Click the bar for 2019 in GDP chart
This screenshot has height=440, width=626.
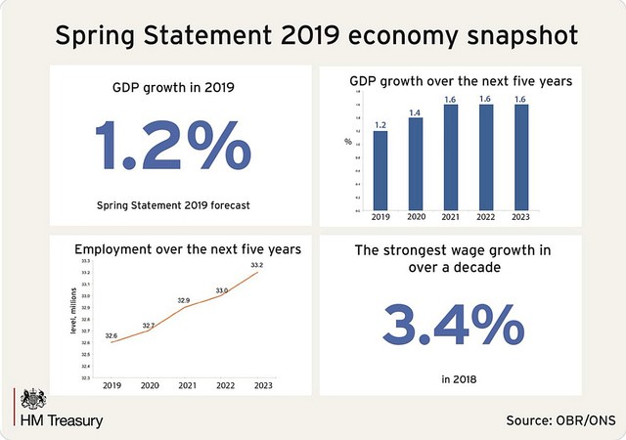coord(380,170)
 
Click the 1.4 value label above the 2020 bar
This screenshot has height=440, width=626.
coord(416,111)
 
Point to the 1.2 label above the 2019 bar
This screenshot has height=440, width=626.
coord(380,124)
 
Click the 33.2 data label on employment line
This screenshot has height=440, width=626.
coord(256,264)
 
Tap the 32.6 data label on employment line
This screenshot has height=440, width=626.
coord(112,335)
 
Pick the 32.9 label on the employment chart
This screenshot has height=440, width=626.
coord(184,300)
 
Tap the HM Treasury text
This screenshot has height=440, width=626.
coord(62,420)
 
